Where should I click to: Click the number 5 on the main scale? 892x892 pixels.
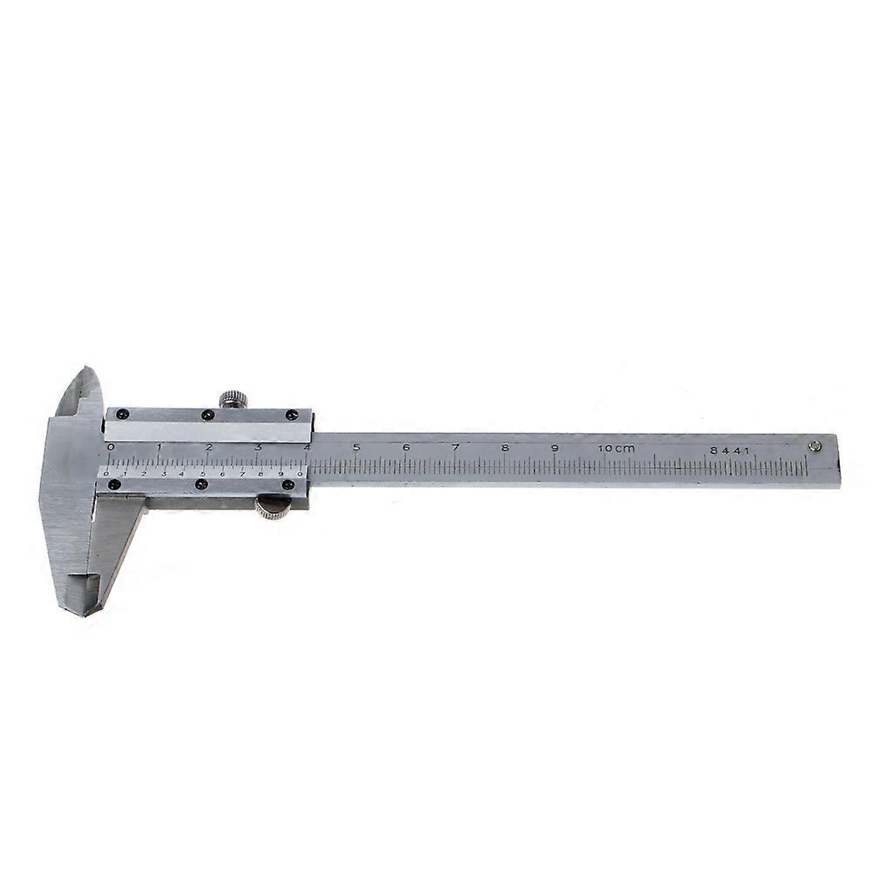(x=356, y=448)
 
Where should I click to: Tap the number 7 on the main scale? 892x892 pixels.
(x=456, y=448)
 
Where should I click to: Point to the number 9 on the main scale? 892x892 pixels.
(x=554, y=449)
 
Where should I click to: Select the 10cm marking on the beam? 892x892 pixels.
(x=617, y=449)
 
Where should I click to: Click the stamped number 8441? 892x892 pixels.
(x=729, y=450)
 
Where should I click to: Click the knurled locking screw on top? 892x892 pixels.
(x=233, y=399)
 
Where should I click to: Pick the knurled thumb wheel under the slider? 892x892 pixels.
(x=273, y=508)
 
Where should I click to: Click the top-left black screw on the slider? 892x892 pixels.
(x=123, y=414)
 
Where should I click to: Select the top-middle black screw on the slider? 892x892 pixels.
(x=206, y=415)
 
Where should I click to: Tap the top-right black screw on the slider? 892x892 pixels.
(x=291, y=415)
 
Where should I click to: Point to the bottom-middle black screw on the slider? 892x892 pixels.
(x=201, y=484)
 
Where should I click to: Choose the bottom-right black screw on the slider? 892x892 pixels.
(x=287, y=484)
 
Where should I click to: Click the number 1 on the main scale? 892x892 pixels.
(x=159, y=447)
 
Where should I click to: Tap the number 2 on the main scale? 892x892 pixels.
(x=209, y=447)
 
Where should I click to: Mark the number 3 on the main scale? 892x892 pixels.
(x=258, y=448)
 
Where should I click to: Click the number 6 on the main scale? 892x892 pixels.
(x=406, y=448)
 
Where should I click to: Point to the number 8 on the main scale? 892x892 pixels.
(x=505, y=449)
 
